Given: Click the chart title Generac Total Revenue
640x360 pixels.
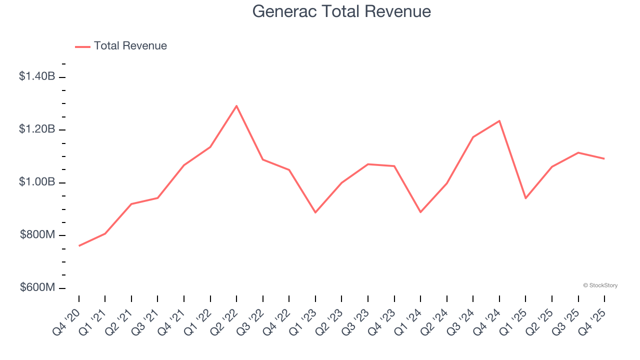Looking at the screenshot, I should [341, 11].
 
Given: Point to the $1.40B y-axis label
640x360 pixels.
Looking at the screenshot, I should [37, 76].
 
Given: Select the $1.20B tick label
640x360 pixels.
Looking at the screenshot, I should [37, 129].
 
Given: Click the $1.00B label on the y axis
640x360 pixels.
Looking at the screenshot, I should [37, 182].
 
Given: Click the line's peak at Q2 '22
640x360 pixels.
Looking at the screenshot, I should [236, 105].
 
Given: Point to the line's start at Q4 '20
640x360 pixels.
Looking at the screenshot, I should [79, 246].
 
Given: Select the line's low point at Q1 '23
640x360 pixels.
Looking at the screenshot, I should [315, 212].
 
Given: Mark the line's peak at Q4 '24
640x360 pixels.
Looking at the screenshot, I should [499, 120].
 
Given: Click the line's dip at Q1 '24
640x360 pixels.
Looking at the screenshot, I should [420, 212].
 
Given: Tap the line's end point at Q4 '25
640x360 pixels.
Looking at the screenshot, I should [604, 158].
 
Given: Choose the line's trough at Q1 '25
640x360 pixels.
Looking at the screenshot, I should [525, 198].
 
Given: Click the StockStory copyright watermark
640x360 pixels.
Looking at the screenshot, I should [600, 285].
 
